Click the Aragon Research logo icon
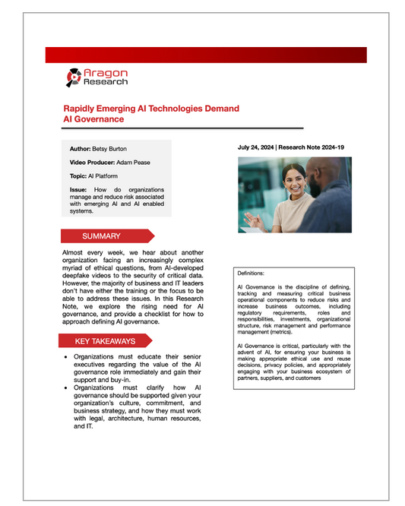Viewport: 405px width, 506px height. click(73, 77)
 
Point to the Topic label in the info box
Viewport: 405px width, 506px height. click(78, 176)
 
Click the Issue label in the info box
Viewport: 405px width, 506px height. click(78, 188)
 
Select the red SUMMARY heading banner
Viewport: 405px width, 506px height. click(107, 236)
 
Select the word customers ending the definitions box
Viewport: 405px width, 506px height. click(317, 377)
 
